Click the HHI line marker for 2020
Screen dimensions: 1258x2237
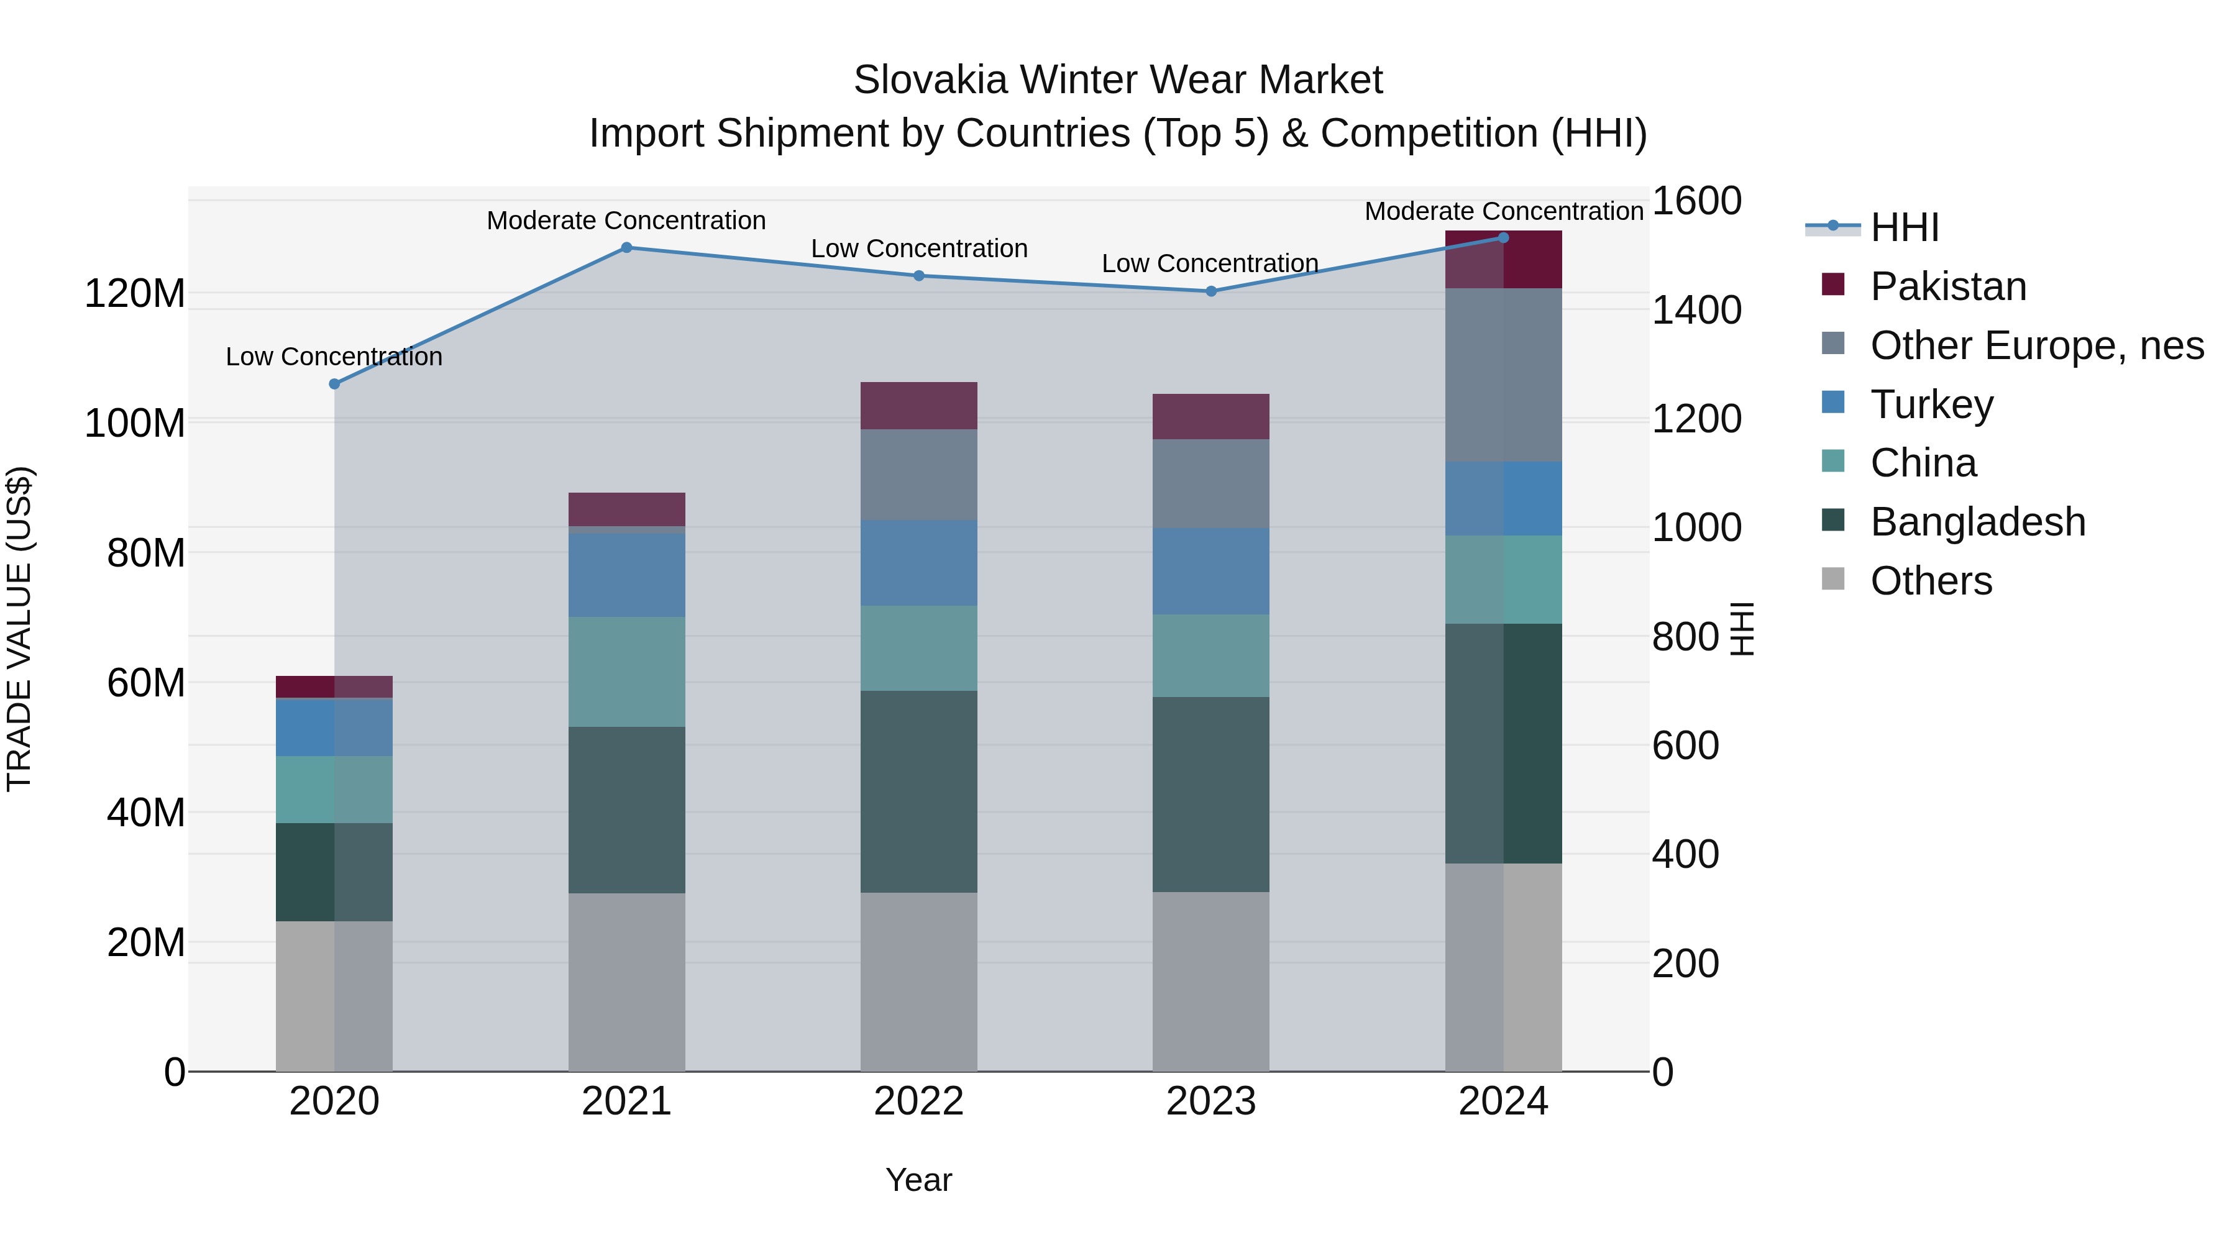pyautogui.click(x=334, y=384)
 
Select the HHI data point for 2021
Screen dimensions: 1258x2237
pyautogui.click(x=626, y=247)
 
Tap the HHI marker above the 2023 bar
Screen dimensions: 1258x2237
pyautogui.click(x=1212, y=291)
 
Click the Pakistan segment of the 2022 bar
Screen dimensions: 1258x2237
pyautogui.click(x=919, y=406)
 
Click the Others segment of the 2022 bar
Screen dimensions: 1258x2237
pyautogui.click(x=919, y=981)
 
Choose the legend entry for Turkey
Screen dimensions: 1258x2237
pyautogui.click(x=1931, y=404)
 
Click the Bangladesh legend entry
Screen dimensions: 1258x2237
pyautogui.click(x=1977, y=522)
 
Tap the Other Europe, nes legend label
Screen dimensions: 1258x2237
pyautogui.click(x=2036, y=345)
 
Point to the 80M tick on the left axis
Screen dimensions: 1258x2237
pyautogui.click(x=146, y=553)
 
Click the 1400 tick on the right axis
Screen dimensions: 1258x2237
pyautogui.click(x=1696, y=310)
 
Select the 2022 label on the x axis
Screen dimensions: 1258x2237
pyautogui.click(x=919, y=1101)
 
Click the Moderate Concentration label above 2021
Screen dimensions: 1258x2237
pyautogui.click(x=626, y=221)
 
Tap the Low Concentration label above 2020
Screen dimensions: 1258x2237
pyautogui.click(x=334, y=357)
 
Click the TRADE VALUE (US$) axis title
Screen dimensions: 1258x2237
pyautogui.click(x=19, y=629)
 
